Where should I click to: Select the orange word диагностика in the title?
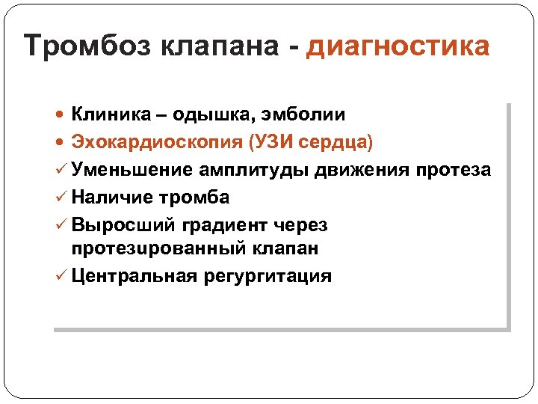point(398,46)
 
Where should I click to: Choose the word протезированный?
point(158,248)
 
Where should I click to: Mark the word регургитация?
point(267,275)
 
